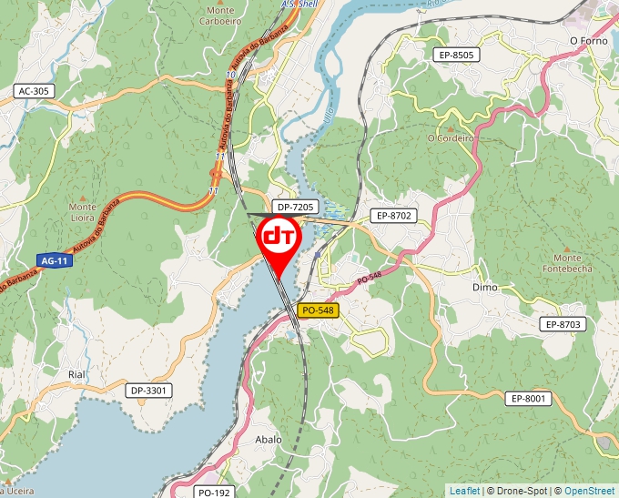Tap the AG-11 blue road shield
pyautogui.click(x=54, y=260)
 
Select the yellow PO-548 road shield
pyautogui.click(x=318, y=310)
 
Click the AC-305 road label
pyautogui.click(x=34, y=91)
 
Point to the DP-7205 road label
pyautogui.click(x=295, y=208)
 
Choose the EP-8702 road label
pyautogui.click(x=392, y=216)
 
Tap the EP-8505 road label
pyautogui.click(x=456, y=56)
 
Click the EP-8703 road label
pyautogui.click(x=563, y=324)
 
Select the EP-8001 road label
pyautogui.click(x=528, y=398)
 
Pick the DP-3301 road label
pyautogui.click(x=148, y=391)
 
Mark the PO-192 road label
pyautogui.click(x=215, y=492)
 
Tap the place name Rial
pyautogui.click(x=76, y=374)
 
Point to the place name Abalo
pyautogui.click(x=269, y=439)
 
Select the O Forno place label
pyautogui.click(x=587, y=40)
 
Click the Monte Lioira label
pyautogui.click(x=83, y=212)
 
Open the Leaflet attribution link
pyautogui.click(x=464, y=491)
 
